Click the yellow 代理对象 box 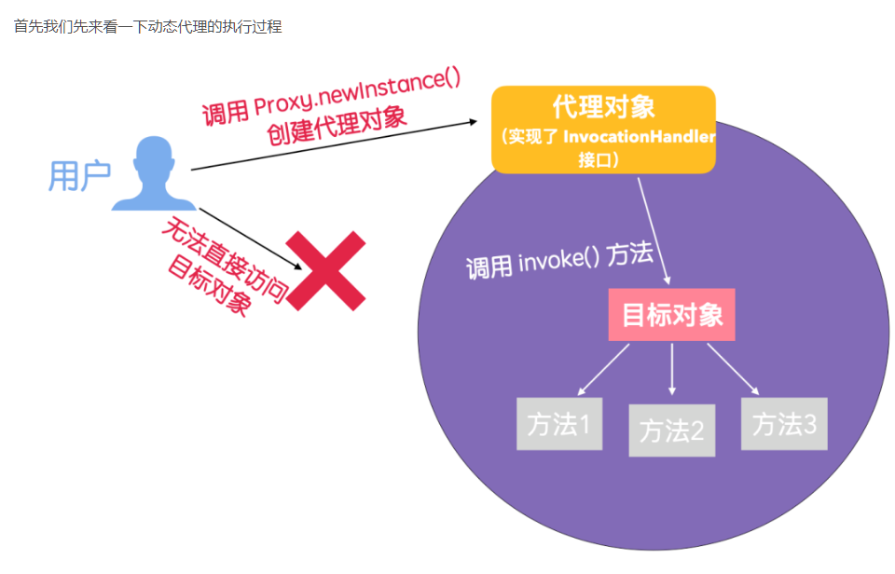pyautogui.click(x=603, y=130)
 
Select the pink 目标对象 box pyautogui.click(x=671, y=314)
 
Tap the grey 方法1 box pyautogui.click(x=559, y=424)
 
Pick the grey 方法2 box pyautogui.click(x=671, y=430)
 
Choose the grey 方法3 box pyautogui.click(x=784, y=424)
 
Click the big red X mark pyautogui.click(x=325, y=270)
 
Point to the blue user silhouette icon pyautogui.click(x=154, y=174)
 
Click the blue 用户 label pyautogui.click(x=80, y=175)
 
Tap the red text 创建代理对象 pyautogui.click(x=337, y=126)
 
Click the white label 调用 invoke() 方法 pyautogui.click(x=559, y=261)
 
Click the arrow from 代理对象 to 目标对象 pyautogui.click(x=654, y=228)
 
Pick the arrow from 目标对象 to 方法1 pyautogui.click(x=603, y=368)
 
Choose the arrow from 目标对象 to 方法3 pyautogui.click(x=735, y=368)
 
